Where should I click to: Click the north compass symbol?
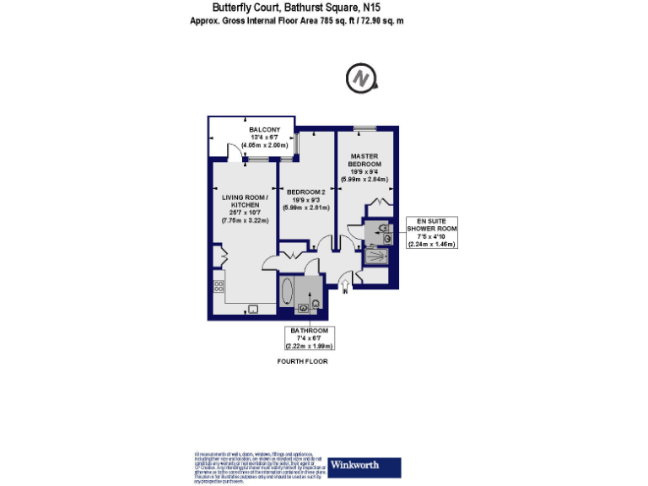[360, 79]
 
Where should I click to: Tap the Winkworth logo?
[354, 465]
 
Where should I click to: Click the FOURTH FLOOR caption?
[302, 361]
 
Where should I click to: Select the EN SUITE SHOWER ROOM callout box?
[431, 231]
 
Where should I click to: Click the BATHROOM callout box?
[310, 337]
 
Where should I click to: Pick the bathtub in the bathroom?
[286, 293]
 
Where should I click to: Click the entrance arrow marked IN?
[345, 288]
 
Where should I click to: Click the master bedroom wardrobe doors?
[379, 202]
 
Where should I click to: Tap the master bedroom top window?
[364, 127]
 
